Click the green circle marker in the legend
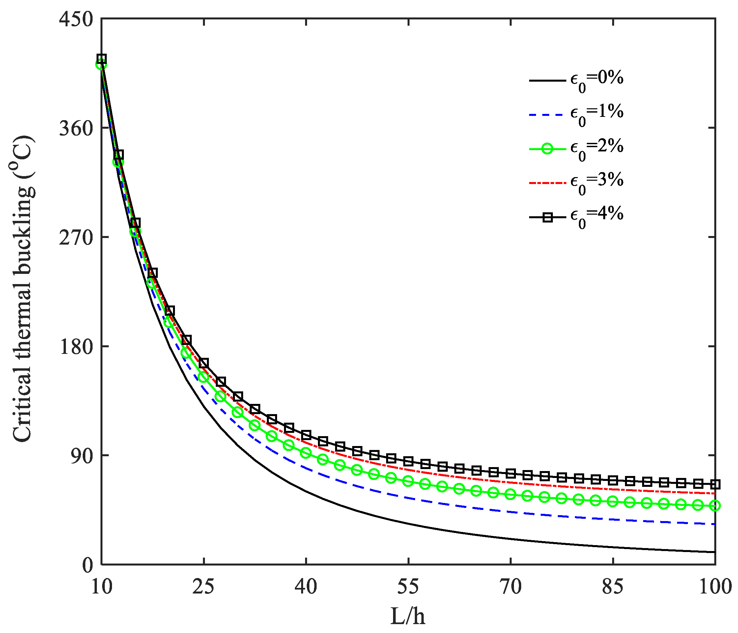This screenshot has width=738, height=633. pyautogui.click(x=547, y=148)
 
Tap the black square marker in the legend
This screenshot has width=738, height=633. pyautogui.click(x=548, y=217)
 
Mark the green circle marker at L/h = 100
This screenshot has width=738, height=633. pyautogui.click(x=715, y=506)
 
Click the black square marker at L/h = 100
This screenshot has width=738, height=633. pyautogui.click(x=715, y=484)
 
